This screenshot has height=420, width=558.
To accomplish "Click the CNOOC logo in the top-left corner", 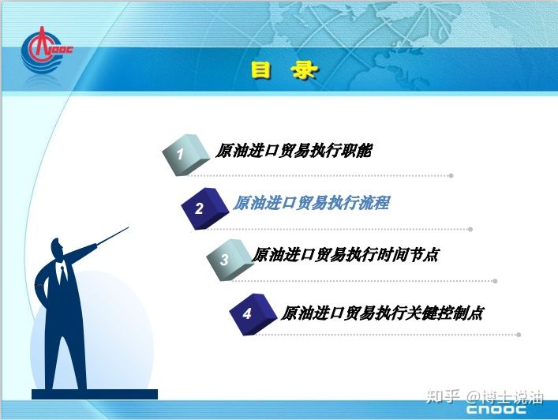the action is (46, 50).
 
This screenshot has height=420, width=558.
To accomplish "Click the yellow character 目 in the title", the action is (261, 69).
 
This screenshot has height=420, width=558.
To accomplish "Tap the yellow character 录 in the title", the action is (304, 69).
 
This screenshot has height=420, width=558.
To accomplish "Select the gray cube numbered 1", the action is (185, 155).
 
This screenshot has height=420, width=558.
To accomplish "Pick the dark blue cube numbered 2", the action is (204, 208).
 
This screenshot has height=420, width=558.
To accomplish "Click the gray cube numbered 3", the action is (230, 260).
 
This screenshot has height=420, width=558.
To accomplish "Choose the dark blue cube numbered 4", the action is (253, 314).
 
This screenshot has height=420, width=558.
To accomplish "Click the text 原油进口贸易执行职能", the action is (294, 151).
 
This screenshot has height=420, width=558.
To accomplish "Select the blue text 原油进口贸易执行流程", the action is (312, 203).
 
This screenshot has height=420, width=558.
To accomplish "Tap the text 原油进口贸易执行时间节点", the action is (345, 255).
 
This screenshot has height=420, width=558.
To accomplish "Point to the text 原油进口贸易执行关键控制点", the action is (382, 313).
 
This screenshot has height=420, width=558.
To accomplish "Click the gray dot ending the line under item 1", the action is (451, 175).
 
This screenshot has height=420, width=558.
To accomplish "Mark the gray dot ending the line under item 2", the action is (470, 229).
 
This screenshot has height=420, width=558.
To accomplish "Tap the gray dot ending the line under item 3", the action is (495, 281).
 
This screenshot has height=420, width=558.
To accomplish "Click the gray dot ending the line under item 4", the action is (519, 335).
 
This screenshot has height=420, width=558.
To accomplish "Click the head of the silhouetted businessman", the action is (57, 248).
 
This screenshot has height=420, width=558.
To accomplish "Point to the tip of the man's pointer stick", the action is (129, 227).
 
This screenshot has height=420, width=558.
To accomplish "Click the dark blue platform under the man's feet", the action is (95, 394).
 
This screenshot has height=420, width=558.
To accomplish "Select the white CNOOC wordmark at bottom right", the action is (496, 409).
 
